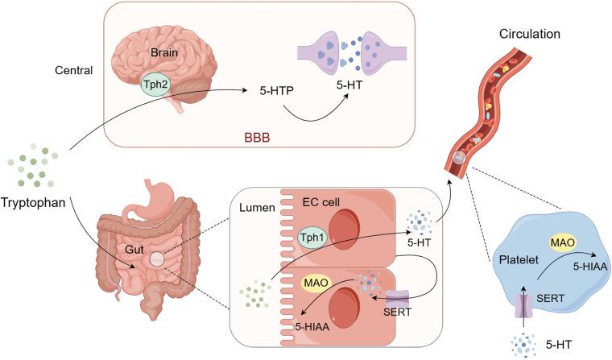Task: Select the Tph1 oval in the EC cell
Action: [315, 239]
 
